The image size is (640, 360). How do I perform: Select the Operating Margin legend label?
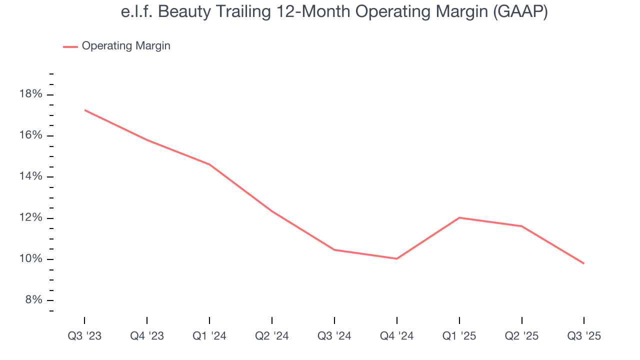tap(126, 46)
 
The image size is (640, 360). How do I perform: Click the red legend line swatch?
tap(70, 46)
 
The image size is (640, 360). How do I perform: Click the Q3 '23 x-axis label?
tap(84, 336)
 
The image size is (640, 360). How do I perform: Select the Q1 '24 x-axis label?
tap(209, 336)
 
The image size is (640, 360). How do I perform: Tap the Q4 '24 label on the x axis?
tap(397, 336)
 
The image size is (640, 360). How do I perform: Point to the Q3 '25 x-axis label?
tap(584, 336)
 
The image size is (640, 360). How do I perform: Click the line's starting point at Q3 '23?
tap(85, 110)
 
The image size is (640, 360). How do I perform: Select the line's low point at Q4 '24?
tap(397, 258)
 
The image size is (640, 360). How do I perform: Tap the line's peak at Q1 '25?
tap(459, 217)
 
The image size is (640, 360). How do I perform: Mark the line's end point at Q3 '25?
tap(583, 263)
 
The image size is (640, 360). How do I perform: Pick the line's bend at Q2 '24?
tap(272, 211)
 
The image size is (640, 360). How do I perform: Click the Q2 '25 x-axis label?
tap(521, 336)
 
